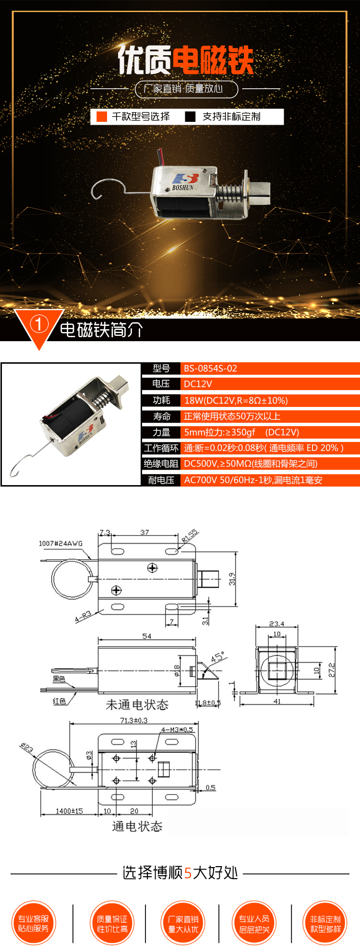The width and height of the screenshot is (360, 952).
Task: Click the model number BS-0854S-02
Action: coord(210,369)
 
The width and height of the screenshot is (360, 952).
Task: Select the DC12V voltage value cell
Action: coord(198,384)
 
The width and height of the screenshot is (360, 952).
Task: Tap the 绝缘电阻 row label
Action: coord(161,464)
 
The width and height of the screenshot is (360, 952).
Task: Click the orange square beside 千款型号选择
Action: coord(102,117)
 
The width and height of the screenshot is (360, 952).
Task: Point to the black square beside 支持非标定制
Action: coord(191,117)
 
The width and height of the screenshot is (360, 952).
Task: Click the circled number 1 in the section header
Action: coord(39,324)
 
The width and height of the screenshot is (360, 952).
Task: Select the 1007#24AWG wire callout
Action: coord(60,543)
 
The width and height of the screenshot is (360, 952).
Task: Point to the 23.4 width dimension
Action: coord(276,624)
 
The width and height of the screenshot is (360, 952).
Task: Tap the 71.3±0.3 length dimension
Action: coord(133,720)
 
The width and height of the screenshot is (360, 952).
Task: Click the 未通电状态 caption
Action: coord(137,704)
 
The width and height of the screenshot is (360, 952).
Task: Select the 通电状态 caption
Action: coord(137,826)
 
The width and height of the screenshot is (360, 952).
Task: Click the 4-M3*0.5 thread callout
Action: coord(177,729)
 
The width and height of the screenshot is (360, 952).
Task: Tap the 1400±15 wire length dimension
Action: coord(69,811)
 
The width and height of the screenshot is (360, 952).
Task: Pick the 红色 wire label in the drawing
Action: coord(60,701)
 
